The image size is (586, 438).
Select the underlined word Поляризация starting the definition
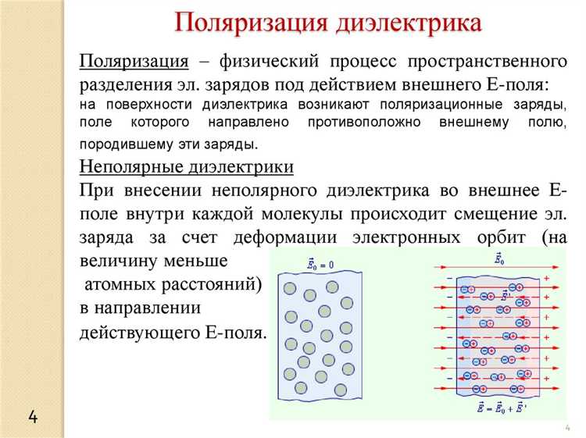(134, 62)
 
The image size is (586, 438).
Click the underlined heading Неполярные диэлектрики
(188, 167)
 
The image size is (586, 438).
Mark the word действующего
(138, 333)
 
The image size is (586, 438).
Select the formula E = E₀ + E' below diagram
(499, 407)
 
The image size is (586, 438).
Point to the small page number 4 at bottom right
(566, 429)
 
